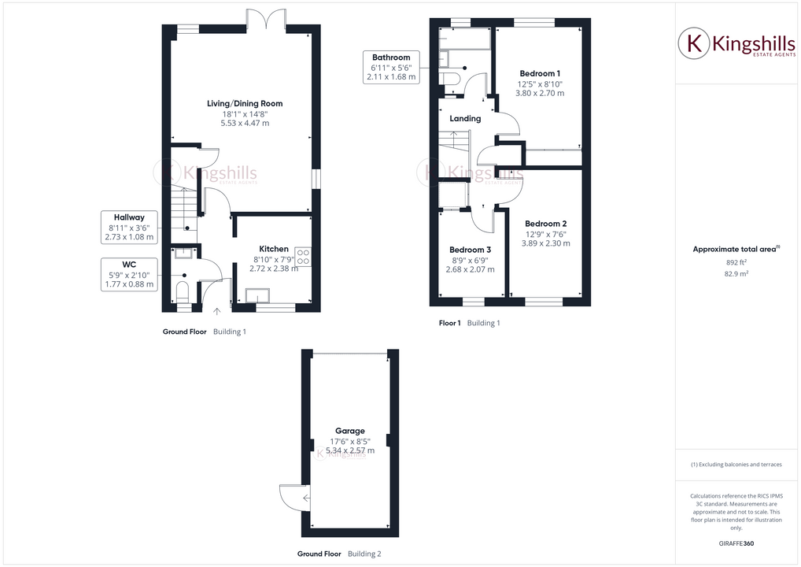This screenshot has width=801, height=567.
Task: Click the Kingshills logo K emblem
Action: click(x=696, y=43)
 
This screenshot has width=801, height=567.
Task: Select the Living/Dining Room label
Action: click(x=245, y=103)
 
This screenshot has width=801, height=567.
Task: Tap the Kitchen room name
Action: click(x=274, y=249)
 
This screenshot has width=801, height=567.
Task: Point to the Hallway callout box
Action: click(x=129, y=227)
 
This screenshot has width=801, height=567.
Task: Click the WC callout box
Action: click(x=129, y=274)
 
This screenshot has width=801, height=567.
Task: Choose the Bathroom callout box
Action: click(x=391, y=68)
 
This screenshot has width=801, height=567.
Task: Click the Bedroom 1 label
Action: click(x=539, y=73)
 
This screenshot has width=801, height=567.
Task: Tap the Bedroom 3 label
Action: click(x=470, y=250)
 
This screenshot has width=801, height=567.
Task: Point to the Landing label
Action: click(x=465, y=119)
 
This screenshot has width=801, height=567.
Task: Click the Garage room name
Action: click(x=350, y=431)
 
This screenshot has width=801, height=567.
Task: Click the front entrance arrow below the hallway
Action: click(x=217, y=311)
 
